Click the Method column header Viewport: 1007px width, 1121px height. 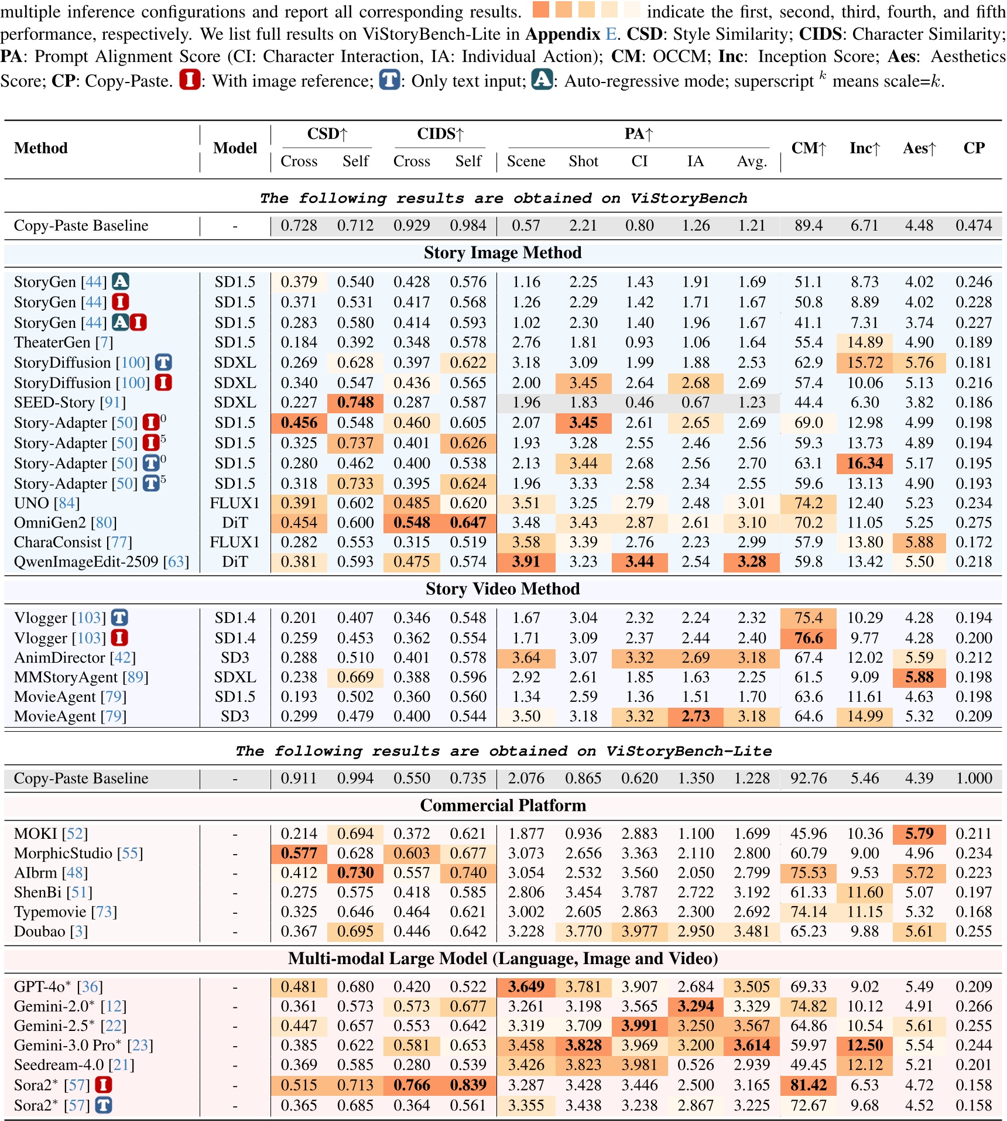(x=41, y=148)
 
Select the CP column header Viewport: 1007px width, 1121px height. (x=974, y=148)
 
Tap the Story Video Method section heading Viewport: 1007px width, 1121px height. (x=502, y=589)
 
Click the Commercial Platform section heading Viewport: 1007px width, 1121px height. (x=502, y=805)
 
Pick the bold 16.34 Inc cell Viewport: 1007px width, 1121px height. (x=864, y=464)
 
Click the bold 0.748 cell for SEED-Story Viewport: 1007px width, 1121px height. (x=355, y=403)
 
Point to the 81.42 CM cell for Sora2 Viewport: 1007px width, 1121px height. (x=808, y=1085)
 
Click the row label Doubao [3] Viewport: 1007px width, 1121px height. (x=50, y=931)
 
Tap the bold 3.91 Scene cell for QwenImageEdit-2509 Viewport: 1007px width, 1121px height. (x=526, y=562)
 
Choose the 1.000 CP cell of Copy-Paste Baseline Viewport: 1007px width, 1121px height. (x=974, y=779)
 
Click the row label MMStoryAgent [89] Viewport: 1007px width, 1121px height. (x=81, y=677)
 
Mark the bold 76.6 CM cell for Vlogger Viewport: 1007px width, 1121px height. (x=808, y=638)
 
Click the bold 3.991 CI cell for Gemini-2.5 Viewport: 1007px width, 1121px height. (x=639, y=1026)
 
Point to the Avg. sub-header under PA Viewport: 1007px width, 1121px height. (x=752, y=162)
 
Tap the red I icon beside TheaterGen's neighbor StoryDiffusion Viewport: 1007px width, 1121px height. (x=163, y=383)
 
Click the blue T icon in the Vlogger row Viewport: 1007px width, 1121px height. (x=119, y=618)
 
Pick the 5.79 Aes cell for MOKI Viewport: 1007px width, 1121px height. (x=919, y=834)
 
